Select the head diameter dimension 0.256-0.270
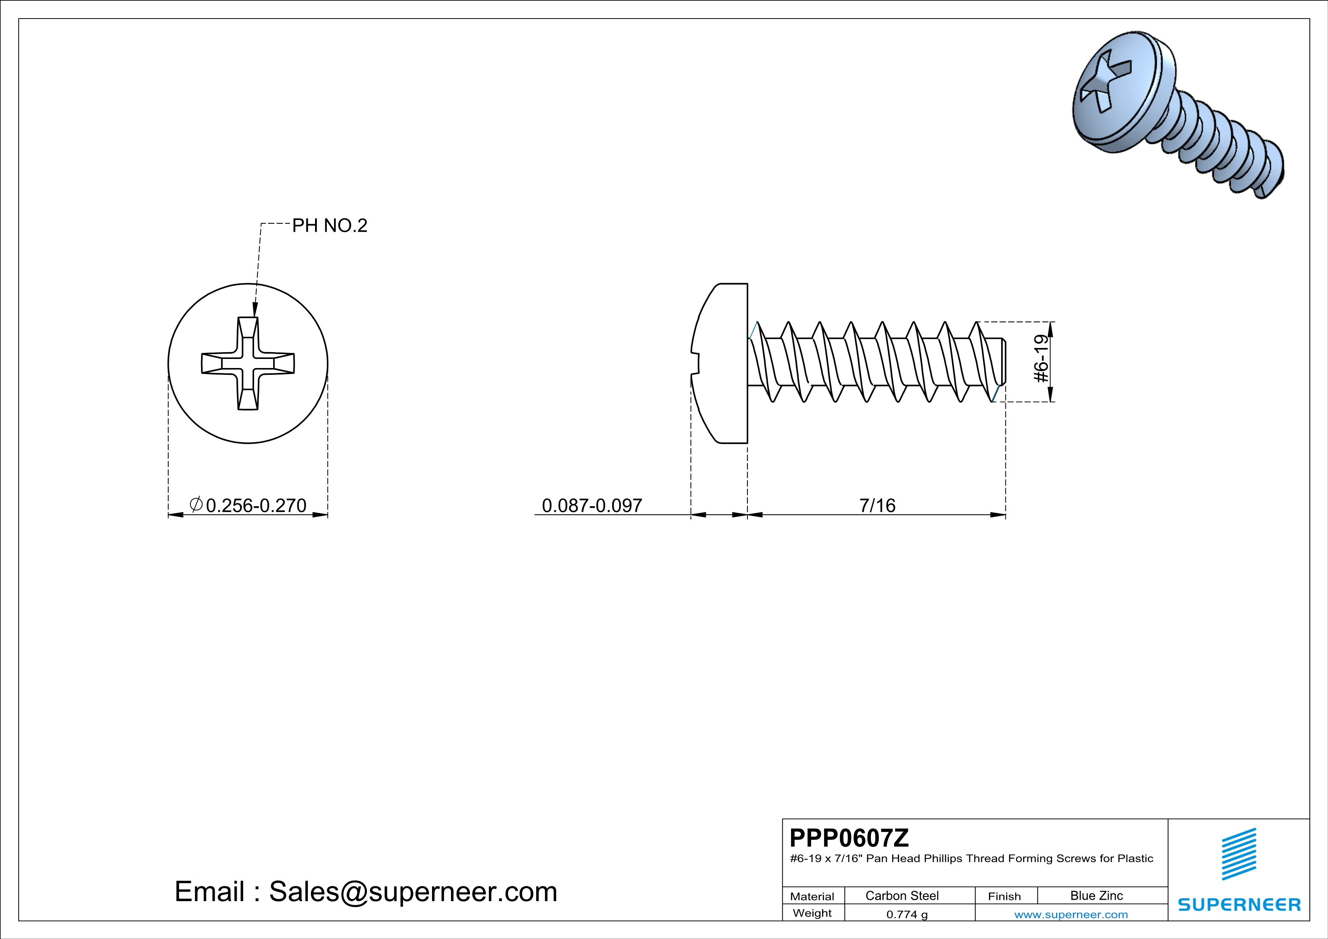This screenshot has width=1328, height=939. [x=255, y=505]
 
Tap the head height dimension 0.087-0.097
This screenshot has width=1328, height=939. [x=592, y=505]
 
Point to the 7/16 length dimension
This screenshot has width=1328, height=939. [x=877, y=505]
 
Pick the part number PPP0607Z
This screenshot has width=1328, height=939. [x=849, y=838]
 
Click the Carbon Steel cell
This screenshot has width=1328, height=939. [x=902, y=895]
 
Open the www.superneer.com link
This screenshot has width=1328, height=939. [x=1071, y=914]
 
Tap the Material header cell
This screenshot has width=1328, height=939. [x=812, y=896]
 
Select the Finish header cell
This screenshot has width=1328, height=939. [x=1004, y=896]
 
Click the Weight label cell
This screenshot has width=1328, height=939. [x=812, y=913]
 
